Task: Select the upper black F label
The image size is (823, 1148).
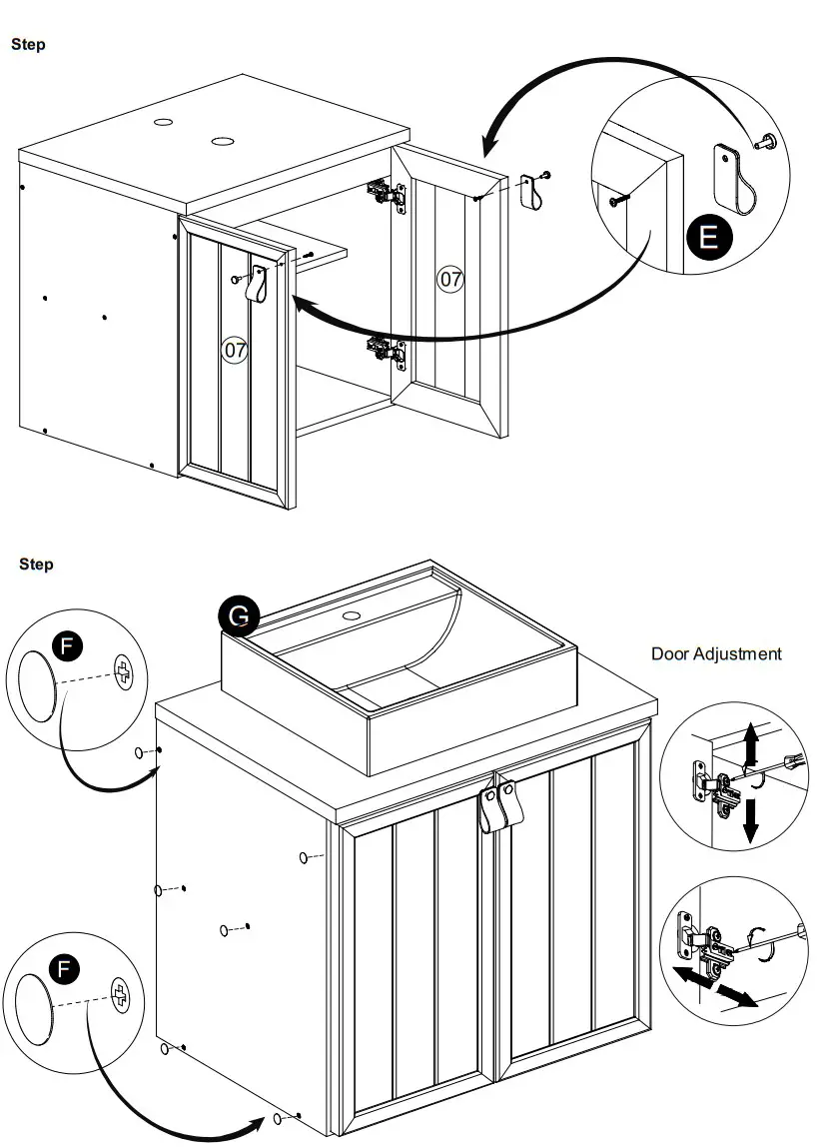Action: pos(67,645)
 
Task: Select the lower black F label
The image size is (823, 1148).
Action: pos(65,968)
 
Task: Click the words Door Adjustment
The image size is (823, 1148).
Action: pos(716,653)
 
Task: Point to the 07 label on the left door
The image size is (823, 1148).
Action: pos(235,350)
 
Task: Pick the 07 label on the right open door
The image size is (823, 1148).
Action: pos(451,279)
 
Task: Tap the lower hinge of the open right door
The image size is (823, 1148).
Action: pos(385,350)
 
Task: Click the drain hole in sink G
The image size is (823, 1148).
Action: pos(352,615)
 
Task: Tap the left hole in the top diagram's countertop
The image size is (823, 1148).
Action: pos(163,123)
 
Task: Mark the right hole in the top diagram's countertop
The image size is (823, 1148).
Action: pos(221,139)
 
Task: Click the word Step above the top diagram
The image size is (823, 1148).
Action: pos(28,44)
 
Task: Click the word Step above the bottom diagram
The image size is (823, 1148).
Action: pos(36,565)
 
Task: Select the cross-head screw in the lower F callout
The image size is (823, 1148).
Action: pos(120,995)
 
